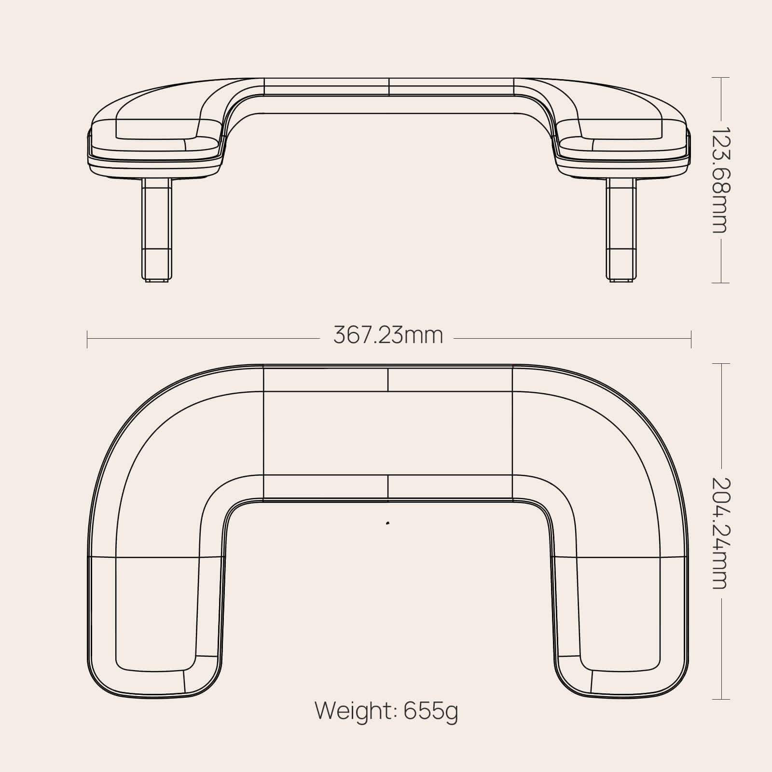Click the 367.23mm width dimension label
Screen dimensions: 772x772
(388, 335)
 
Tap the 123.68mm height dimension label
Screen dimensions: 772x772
(721, 180)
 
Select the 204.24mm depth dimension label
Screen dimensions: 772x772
(721, 533)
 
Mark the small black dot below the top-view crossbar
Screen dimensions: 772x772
(387, 523)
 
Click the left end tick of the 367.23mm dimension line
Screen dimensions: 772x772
(87, 339)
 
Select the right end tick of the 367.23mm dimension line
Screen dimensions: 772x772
(691, 339)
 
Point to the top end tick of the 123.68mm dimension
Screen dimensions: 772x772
(721, 78)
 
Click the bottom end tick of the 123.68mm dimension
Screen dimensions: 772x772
(721, 283)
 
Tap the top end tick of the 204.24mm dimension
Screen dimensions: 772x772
(721, 364)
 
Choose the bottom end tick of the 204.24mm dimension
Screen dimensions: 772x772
(721, 699)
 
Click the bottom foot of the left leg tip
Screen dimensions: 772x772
(156, 279)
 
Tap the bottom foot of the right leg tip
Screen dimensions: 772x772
(620, 279)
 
